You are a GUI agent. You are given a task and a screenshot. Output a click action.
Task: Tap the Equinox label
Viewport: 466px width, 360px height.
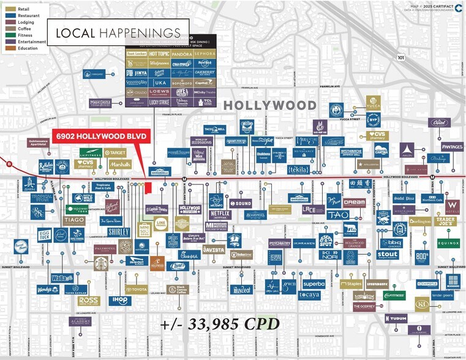(x=448, y=243)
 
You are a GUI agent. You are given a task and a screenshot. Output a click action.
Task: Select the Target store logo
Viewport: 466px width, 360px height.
(x=115, y=152)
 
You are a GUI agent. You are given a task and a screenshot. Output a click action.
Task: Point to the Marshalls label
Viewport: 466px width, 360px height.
(x=119, y=164)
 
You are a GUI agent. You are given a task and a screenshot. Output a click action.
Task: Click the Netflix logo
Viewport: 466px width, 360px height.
(x=219, y=215)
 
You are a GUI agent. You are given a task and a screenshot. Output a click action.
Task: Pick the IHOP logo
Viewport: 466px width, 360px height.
(x=119, y=301)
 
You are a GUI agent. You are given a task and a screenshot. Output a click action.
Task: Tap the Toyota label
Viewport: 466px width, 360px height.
(x=137, y=289)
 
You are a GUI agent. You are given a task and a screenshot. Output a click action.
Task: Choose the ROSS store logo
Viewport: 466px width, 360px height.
(x=88, y=301)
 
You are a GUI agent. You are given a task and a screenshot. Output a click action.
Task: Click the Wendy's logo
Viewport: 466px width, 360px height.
(x=48, y=289)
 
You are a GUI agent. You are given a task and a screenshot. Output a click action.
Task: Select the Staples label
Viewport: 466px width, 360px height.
(x=351, y=284)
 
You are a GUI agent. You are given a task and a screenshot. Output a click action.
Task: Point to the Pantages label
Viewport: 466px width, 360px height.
(x=452, y=147)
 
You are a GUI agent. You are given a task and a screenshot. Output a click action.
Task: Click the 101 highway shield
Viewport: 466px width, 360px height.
(x=400, y=58)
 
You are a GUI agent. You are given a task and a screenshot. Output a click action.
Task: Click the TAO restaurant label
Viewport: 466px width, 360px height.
(x=337, y=215)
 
